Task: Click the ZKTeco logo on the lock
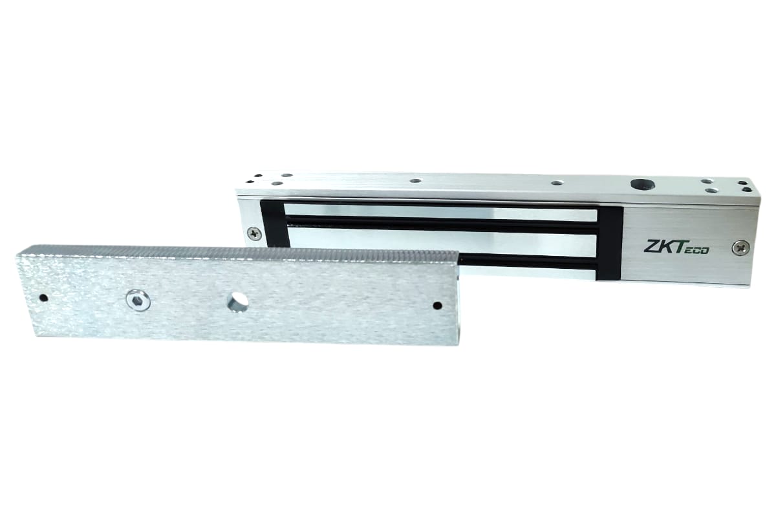coord(676,247)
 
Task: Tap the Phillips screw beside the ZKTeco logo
coord(740,247)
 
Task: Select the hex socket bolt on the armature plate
coord(138,300)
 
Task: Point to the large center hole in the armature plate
coord(238,301)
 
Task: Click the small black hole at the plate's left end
coord(43,298)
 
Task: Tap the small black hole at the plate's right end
coord(437,305)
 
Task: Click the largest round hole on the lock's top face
coord(643,184)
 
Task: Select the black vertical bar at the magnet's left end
coord(273,224)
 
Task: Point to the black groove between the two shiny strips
coord(440,224)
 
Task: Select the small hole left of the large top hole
coord(557,183)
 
